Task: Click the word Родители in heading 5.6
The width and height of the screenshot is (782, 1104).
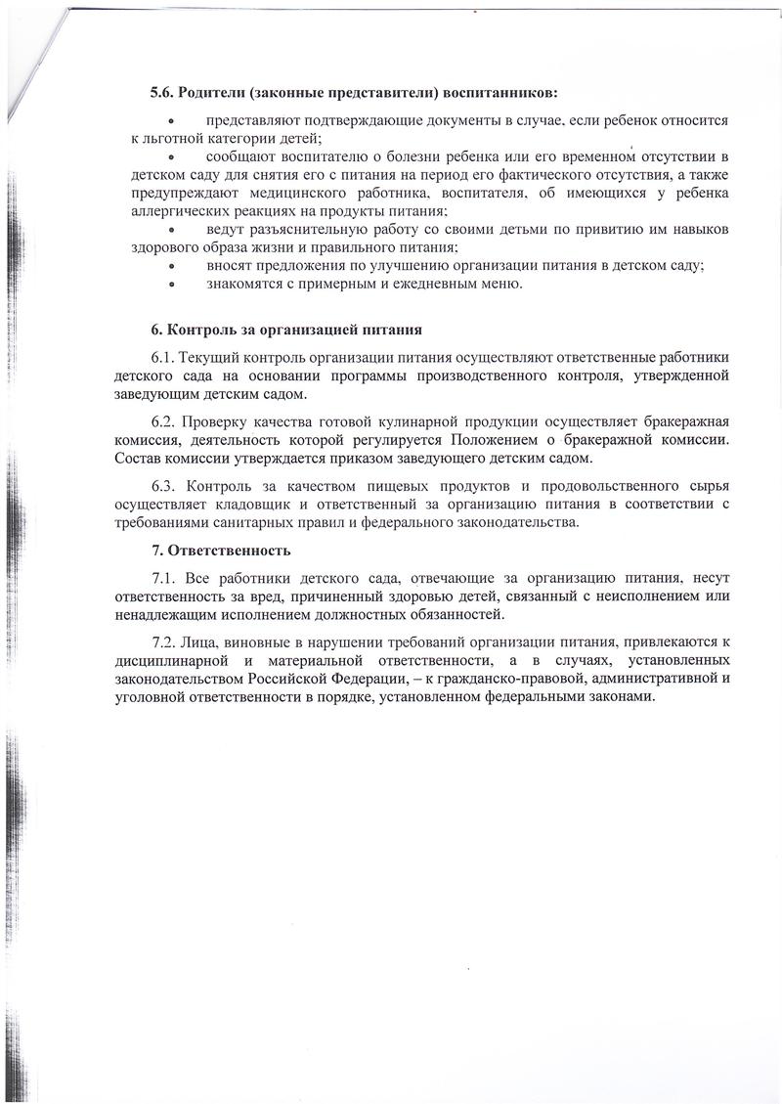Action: pos(208,93)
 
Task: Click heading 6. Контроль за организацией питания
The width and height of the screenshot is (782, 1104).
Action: pos(286,329)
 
